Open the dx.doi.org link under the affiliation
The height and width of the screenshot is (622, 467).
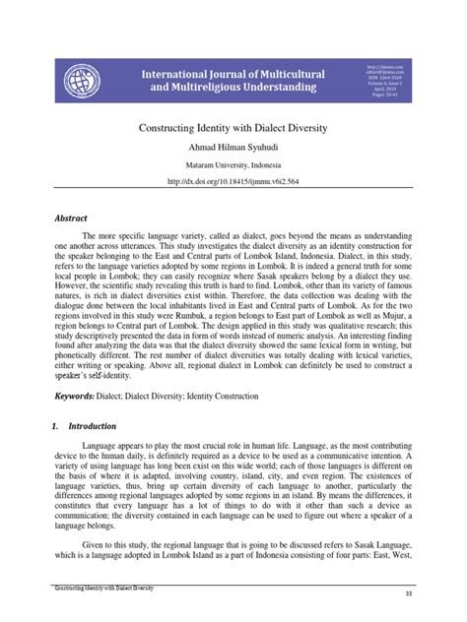tap(233, 181)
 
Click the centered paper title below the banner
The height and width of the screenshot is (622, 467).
tap(233, 128)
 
